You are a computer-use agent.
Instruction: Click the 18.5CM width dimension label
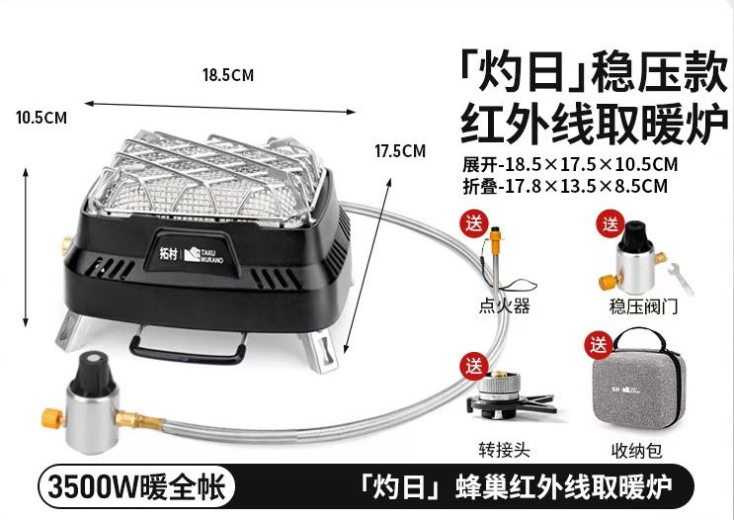pyautogui.click(x=227, y=74)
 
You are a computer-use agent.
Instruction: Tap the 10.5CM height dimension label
pyautogui.click(x=41, y=118)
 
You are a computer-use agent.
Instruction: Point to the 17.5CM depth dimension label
pyautogui.click(x=400, y=151)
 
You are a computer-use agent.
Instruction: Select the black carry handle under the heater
pyautogui.click(x=189, y=348)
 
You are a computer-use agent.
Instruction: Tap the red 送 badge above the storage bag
pyautogui.click(x=597, y=345)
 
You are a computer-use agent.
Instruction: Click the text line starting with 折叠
pyautogui.click(x=565, y=184)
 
